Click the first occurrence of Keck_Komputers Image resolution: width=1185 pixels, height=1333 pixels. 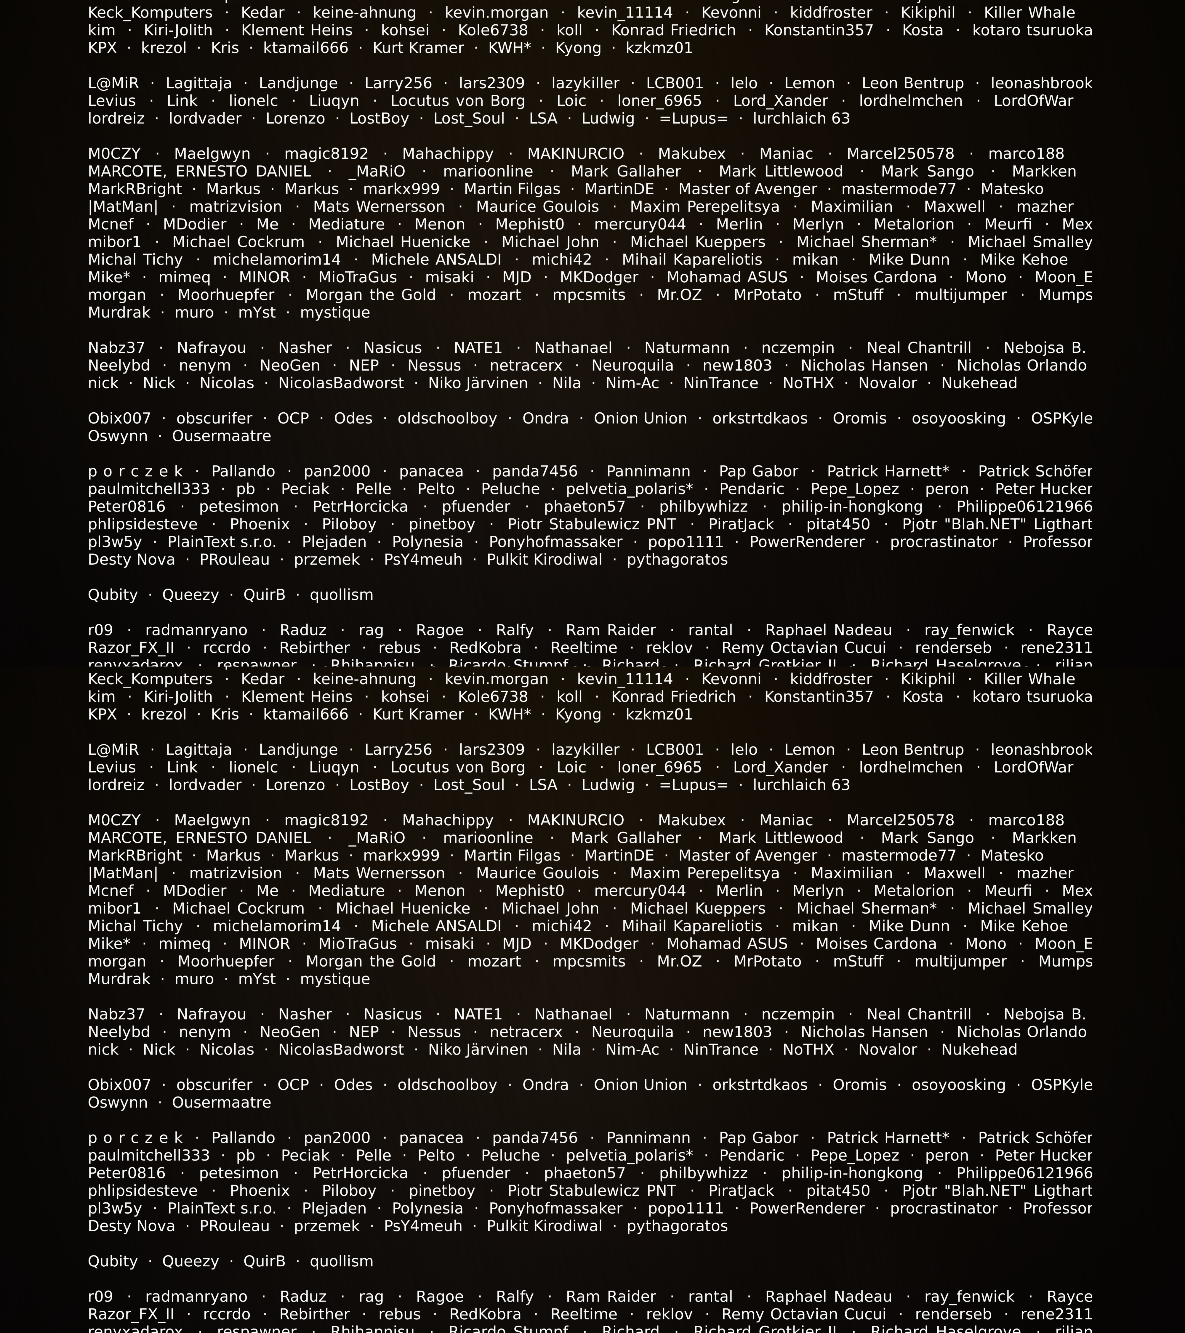point(150,13)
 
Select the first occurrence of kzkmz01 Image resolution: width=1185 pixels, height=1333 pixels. point(659,48)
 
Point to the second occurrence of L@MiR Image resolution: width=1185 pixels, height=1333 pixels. point(113,750)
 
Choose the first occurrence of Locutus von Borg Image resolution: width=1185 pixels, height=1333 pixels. point(458,101)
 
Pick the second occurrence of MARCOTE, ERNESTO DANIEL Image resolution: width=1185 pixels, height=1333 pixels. point(200,838)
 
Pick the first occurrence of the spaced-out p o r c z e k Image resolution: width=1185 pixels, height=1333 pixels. point(136,472)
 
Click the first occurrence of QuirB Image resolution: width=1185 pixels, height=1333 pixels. point(264,595)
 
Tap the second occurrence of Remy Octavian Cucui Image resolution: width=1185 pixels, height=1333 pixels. point(803,1314)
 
